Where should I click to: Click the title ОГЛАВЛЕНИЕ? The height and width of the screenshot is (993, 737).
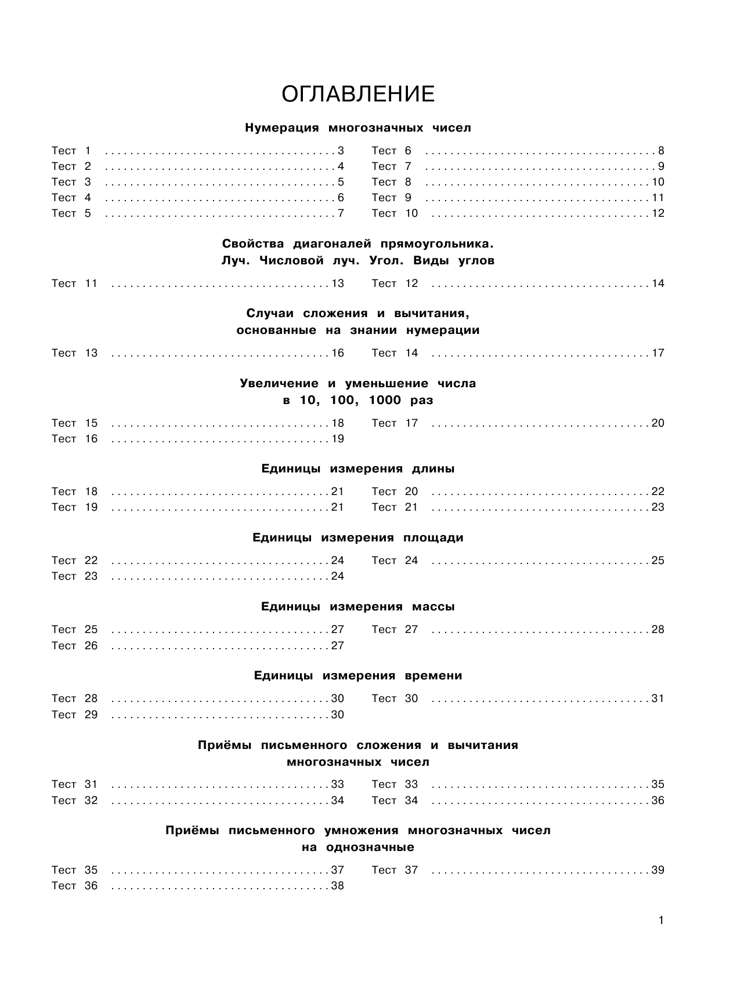pyautogui.click(x=358, y=94)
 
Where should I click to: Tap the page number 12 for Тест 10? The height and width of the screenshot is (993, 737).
pyautogui.click(x=657, y=213)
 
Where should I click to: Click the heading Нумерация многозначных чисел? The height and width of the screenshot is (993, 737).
pyautogui.click(x=358, y=128)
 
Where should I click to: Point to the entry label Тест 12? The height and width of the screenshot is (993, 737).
pyautogui.click(x=395, y=283)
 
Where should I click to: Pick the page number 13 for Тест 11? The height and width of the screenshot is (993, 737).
pyautogui.click(x=338, y=283)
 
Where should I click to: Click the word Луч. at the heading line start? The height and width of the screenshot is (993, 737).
pyautogui.click(x=235, y=261)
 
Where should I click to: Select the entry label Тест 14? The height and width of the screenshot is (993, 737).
pyautogui.click(x=395, y=353)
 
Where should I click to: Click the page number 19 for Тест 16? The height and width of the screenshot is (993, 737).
pyautogui.click(x=338, y=439)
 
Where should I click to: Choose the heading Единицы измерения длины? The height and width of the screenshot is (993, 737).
pyautogui.click(x=358, y=469)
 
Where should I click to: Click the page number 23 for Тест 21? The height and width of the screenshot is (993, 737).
pyautogui.click(x=657, y=507)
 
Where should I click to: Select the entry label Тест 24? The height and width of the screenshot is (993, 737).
pyautogui.click(x=395, y=561)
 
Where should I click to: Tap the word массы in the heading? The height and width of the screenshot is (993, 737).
pyautogui.click(x=433, y=607)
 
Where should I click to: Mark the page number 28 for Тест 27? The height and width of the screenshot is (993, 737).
pyautogui.click(x=657, y=630)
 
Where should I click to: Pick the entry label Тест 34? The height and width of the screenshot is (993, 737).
pyautogui.click(x=395, y=801)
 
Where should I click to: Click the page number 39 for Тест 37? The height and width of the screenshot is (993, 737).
pyautogui.click(x=657, y=870)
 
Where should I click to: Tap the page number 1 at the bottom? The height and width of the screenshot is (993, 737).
pyautogui.click(x=661, y=921)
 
